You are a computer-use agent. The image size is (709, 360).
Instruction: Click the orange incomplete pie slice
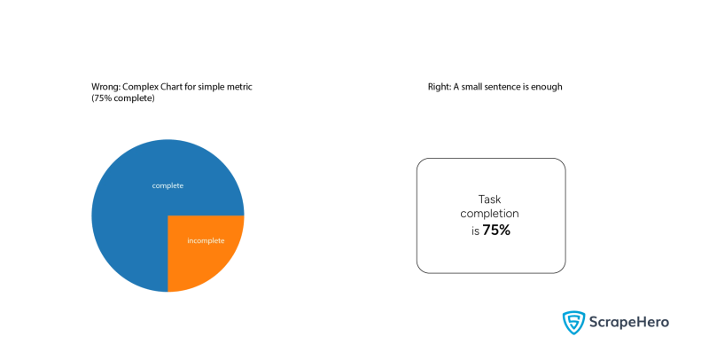pos(204,253)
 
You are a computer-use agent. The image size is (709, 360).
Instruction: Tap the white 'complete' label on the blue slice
pos(168,185)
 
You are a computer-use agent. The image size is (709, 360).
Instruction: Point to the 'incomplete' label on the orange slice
pos(206,240)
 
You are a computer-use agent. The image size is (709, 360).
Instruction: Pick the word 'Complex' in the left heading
pos(140,87)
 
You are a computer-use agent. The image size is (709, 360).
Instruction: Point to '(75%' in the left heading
pos(102,98)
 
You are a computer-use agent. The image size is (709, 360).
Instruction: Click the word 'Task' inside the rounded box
pos(490,200)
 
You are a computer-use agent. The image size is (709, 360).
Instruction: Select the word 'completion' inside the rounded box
pos(490,215)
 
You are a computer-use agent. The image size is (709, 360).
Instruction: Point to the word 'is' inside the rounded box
pos(475,230)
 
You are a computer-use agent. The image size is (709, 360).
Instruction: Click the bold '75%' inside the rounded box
pos(496,230)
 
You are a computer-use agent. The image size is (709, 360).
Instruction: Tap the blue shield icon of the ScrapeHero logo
pos(573,322)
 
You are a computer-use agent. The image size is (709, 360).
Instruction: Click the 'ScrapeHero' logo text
pos(629,323)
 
